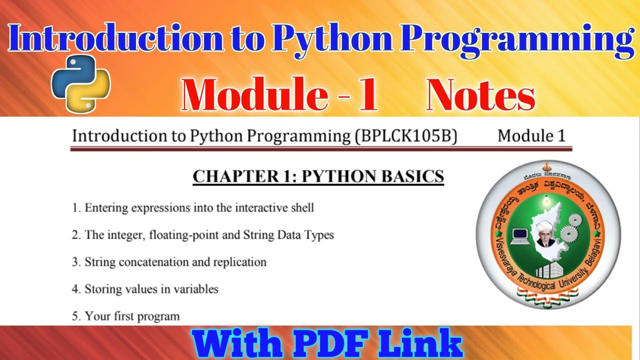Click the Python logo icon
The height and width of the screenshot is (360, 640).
(x=80, y=83)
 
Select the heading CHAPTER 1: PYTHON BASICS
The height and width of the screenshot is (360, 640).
(x=318, y=176)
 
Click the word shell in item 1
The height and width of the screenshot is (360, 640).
(x=300, y=207)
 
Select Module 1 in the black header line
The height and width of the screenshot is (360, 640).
(x=531, y=136)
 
